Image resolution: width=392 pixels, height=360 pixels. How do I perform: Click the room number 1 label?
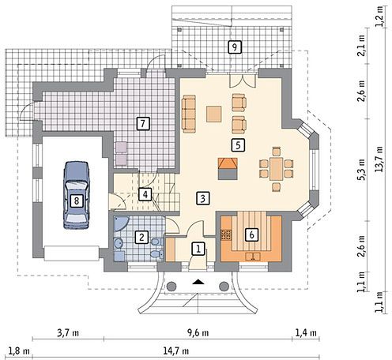(x=198, y=249)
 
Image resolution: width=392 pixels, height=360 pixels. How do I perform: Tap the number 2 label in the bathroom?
(x=141, y=238)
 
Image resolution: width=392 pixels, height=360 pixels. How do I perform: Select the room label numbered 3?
(x=203, y=198)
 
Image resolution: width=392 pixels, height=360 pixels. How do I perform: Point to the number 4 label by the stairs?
(x=145, y=194)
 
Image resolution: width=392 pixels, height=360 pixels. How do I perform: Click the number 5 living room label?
(x=238, y=145)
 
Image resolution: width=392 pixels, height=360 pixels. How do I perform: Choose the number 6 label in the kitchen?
(x=251, y=234)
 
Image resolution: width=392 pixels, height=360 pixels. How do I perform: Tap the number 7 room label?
(x=143, y=123)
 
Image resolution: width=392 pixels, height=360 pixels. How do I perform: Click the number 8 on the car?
(x=77, y=201)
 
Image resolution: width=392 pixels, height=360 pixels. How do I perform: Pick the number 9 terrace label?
(x=235, y=47)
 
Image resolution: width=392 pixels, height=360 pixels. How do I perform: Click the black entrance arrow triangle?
(x=198, y=283)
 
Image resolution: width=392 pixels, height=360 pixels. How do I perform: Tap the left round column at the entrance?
(x=171, y=286)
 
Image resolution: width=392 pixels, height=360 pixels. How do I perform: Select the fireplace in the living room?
(x=228, y=169)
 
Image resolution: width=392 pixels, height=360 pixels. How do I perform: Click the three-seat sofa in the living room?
(x=189, y=114)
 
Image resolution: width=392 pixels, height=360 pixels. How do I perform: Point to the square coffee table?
(x=213, y=114)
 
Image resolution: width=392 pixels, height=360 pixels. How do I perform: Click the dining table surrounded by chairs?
(x=277, y=169)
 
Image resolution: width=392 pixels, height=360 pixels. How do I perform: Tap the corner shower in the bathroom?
(x=121, y=223)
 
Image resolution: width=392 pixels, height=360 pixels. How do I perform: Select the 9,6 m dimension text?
(x=198, y=333)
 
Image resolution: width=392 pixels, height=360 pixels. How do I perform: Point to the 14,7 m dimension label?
(x=176, y=351)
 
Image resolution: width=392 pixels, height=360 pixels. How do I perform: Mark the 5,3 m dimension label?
(x=361, y=170)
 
